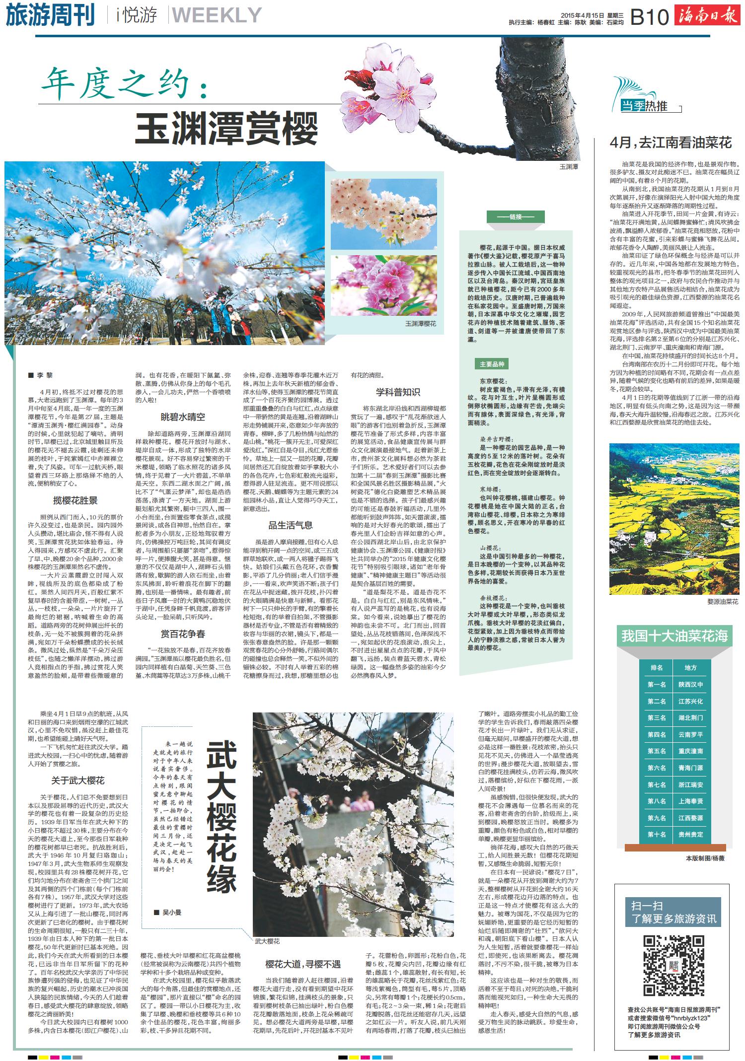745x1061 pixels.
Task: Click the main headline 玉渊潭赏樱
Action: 226,128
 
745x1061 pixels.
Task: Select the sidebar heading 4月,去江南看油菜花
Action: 670,143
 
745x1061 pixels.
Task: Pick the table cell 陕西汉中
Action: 690,685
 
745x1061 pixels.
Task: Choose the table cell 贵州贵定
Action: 690,835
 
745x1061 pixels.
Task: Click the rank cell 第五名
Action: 657,751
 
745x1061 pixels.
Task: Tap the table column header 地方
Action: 690,668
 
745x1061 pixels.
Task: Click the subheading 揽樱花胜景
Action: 75,500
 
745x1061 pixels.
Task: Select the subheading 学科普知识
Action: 398,392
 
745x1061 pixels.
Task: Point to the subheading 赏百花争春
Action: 183,634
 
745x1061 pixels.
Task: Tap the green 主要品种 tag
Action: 492,364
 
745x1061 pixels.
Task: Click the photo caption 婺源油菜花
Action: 723,601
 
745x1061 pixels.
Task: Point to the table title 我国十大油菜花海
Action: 674,636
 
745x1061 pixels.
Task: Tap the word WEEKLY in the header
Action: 217,16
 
